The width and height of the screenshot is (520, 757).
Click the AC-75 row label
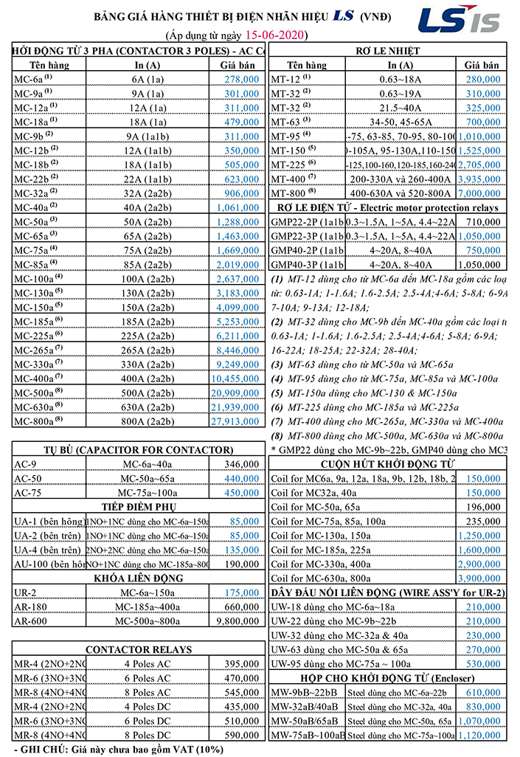(30, 493)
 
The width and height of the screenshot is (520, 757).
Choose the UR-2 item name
(27, 593)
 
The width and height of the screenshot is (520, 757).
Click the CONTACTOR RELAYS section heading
(138, 650)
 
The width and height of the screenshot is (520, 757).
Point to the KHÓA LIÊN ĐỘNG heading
(138, 578)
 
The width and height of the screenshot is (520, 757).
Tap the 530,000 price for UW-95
(482, 664)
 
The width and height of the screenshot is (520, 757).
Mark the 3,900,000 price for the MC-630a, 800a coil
(482, 578)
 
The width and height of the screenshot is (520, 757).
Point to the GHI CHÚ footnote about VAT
(118, 750)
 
